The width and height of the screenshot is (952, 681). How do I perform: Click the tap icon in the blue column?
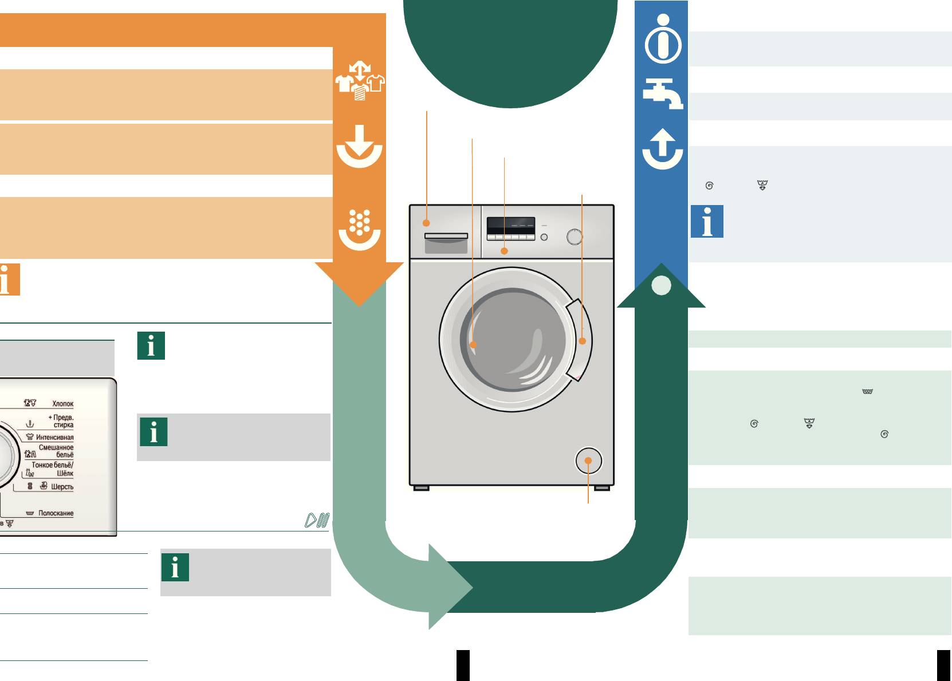pos(662,93)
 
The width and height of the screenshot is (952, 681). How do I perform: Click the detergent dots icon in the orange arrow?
pos(360,229)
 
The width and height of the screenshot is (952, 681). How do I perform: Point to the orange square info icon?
pos(9,280)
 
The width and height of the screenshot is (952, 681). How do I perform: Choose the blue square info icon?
pos(707,221)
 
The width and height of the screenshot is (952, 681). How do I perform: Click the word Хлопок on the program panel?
pos(62,404)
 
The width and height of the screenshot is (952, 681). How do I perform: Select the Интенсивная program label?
pos(54,437)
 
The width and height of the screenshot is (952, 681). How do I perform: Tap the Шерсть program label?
pos(62,487)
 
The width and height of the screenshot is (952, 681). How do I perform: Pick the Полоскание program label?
pos(56,513)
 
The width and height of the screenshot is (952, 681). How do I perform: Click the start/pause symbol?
pos(317,520)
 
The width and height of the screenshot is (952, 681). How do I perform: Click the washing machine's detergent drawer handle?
pos(446,236)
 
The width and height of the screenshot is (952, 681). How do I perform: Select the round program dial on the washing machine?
pos(575,237)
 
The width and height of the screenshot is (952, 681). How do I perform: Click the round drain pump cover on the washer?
pos(588,460)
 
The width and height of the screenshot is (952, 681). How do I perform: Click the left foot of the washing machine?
pos(421,488)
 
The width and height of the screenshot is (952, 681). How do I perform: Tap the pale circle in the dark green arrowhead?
pos(661,285)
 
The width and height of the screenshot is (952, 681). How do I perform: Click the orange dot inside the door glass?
pos(473,345)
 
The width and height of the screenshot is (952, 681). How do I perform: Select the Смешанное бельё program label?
pos(56,451)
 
